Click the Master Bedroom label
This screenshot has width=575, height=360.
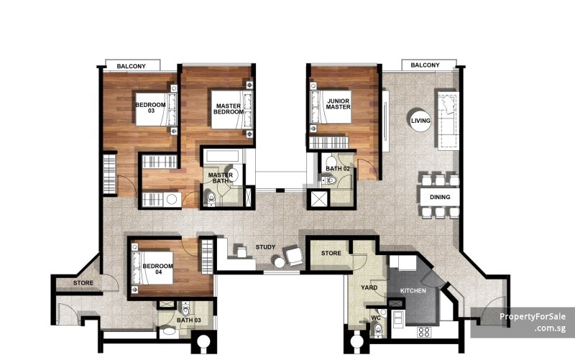[x=229, y=109]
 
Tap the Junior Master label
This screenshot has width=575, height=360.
[x=338, y=104]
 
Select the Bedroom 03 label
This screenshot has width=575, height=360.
[x=151, y=108]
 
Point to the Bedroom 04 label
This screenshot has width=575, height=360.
[x=157, y=269]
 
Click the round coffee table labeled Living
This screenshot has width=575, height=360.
[x=420, y=120]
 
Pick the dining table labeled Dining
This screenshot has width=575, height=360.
[x=440, y=197]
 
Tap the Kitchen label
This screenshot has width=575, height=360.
[x=413, y=291]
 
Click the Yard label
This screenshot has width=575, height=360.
[x=369, y=287]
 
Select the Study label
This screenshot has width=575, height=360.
[x=265, y=247]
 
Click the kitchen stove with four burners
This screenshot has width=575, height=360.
[x=424, y=332]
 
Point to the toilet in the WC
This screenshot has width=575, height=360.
[x=377, y=330]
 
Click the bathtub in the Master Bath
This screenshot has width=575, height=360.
[x=223, y=157]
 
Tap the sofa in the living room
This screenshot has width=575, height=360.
[x=447, y=119]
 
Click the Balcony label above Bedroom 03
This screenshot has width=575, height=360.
[x=132, y=66]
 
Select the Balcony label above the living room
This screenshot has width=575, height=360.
[x=425, y=65]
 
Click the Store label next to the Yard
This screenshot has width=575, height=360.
[x=331, y=254]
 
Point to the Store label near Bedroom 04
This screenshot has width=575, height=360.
[x=83, y=283]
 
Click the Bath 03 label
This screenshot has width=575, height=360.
[x=189, y=320]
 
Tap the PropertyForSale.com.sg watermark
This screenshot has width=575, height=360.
[x=533, y=322]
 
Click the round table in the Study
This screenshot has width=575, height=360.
[x=280, y=262]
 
